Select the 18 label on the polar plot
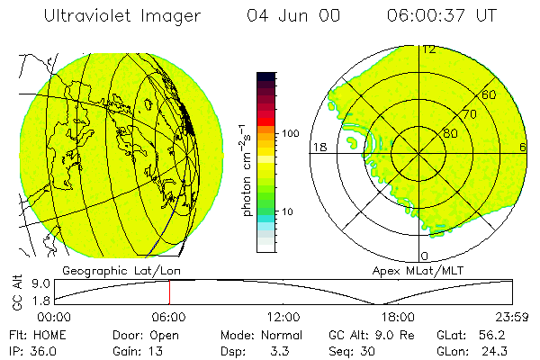(319, 147)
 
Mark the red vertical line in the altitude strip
(169, 292)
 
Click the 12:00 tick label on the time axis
(283, 317)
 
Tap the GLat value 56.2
(497, 334)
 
